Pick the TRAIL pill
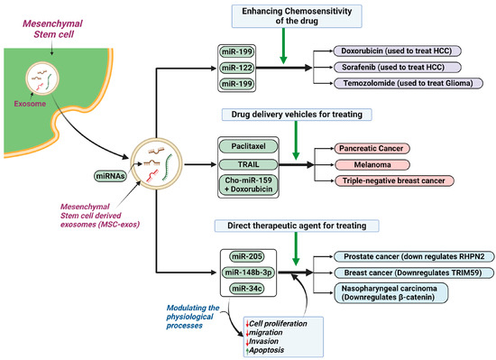pos(247,165)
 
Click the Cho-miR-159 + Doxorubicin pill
pos(247,185)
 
